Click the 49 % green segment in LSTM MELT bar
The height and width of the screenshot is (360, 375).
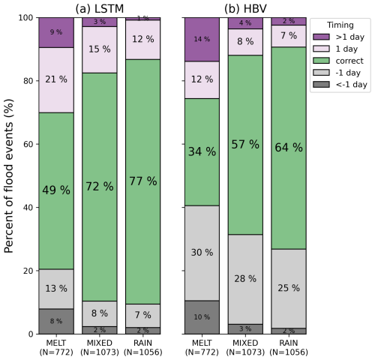(56, 191)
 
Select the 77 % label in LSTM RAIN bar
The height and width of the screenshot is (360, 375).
(143, 181)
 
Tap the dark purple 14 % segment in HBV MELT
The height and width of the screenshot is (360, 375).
(202, 40)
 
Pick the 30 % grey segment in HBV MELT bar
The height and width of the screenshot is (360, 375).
(202, 253)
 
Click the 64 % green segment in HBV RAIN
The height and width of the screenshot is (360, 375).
(289, 148)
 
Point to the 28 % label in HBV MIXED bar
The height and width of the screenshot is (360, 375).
(245, 278)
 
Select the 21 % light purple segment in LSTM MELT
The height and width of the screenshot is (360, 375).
(56, 80)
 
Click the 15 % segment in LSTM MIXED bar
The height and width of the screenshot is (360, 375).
(100, 49)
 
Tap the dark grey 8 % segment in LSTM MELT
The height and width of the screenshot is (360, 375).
(56, 321)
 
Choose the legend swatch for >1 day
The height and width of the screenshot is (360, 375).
(321, 37)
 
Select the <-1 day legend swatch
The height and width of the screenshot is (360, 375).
(321, 84)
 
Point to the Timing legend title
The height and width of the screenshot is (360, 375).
(340, 25)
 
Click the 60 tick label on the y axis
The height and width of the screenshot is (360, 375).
(28, 144)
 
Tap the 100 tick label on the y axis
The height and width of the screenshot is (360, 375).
(25, 18)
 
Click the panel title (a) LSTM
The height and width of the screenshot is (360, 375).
(100, 9)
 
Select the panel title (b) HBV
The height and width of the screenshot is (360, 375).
(245, 9)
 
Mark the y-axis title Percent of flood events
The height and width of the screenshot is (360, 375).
(9, 176)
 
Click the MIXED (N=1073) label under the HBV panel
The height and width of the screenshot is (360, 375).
(245, 347)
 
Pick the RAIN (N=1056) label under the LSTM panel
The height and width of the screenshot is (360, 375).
(143, 347)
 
